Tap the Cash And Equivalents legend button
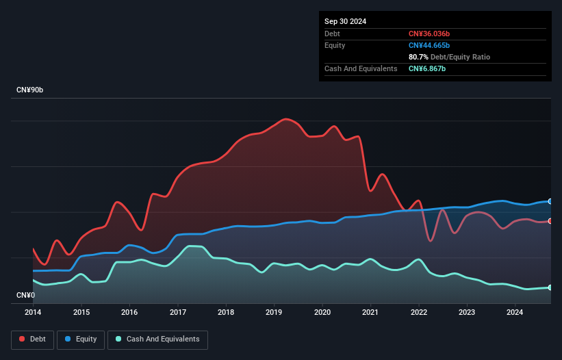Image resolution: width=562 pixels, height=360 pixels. click(157, 339)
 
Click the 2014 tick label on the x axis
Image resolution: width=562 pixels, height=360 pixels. click(33, 313)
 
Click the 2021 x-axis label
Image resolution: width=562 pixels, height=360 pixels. click(370, 313)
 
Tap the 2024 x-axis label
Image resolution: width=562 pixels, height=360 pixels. click(515, 313)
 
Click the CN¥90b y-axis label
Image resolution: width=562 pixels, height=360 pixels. click(30, 90)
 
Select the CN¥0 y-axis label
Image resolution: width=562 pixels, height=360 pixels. click(25, 296)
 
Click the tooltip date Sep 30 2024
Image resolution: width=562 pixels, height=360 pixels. click(345, 21)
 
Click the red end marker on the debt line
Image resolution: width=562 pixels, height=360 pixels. click(550, 221)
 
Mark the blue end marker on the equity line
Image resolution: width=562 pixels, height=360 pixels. click(550, 201)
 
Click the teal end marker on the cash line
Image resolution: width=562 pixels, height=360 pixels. click(550, 287)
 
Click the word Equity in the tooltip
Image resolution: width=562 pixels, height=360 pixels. click(335, 45)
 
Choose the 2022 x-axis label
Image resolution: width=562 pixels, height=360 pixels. click(418, 313)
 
